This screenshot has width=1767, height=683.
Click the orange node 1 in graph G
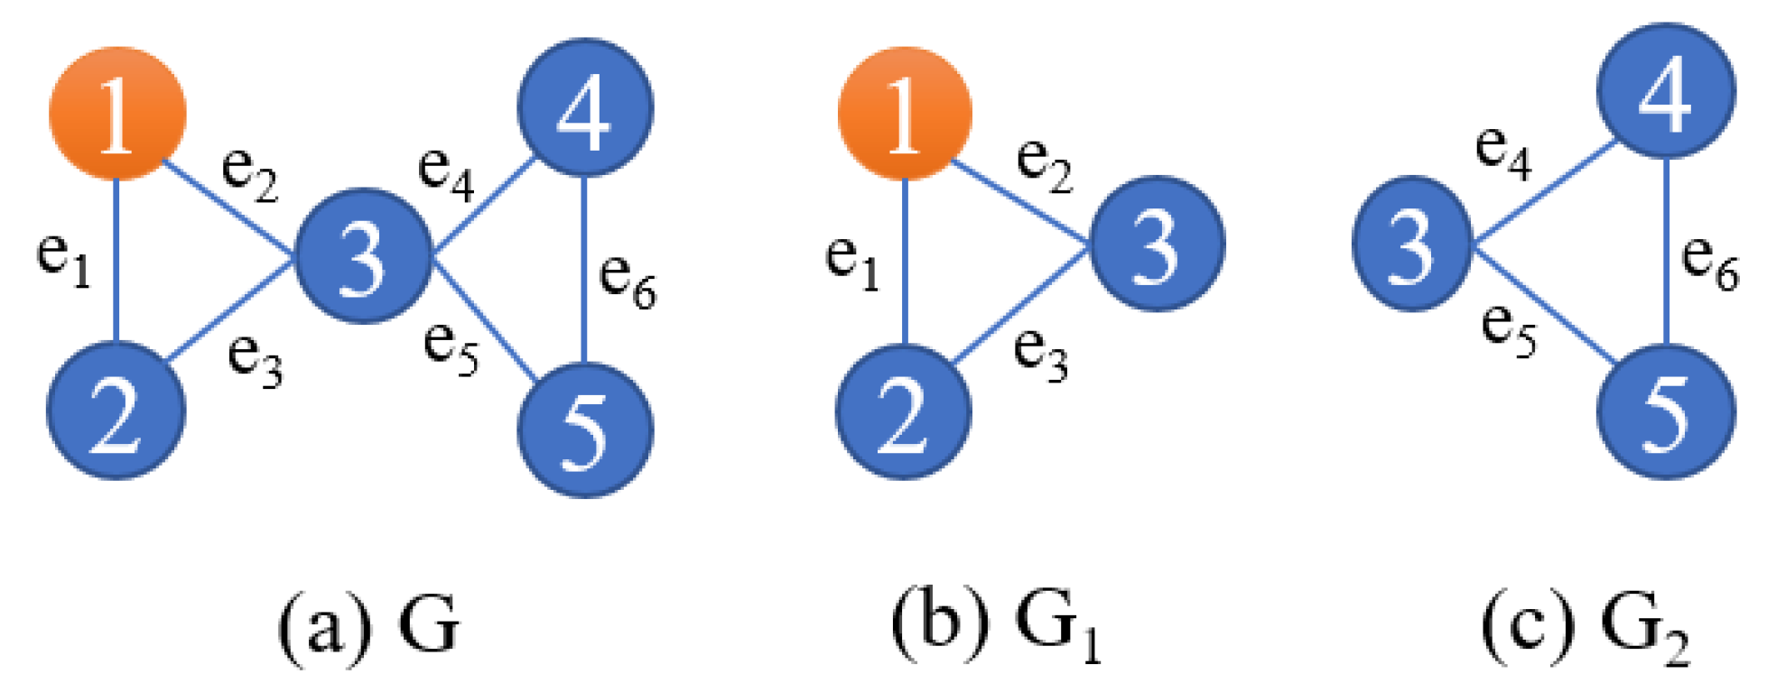[117, 114]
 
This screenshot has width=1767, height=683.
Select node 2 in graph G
[116, 411]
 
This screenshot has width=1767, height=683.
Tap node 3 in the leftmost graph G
[363, 255]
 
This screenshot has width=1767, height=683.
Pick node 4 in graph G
[585, 107]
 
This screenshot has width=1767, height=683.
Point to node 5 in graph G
[585, 429]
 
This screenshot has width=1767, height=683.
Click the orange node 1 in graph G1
[905, 114]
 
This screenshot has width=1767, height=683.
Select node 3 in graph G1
[1157, 244]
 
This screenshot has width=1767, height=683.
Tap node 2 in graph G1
[903, 411]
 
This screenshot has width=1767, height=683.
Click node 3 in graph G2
[1411, 244]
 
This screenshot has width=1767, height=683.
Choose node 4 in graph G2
[1666, 91]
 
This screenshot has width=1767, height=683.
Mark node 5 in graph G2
[1666, 411]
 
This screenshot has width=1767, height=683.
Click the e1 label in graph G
[63, 259]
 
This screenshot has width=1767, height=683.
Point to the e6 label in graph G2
[1709, 262]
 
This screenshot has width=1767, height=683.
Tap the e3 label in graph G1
[1040, 354]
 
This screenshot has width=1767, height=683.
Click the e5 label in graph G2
[1508, 329]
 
